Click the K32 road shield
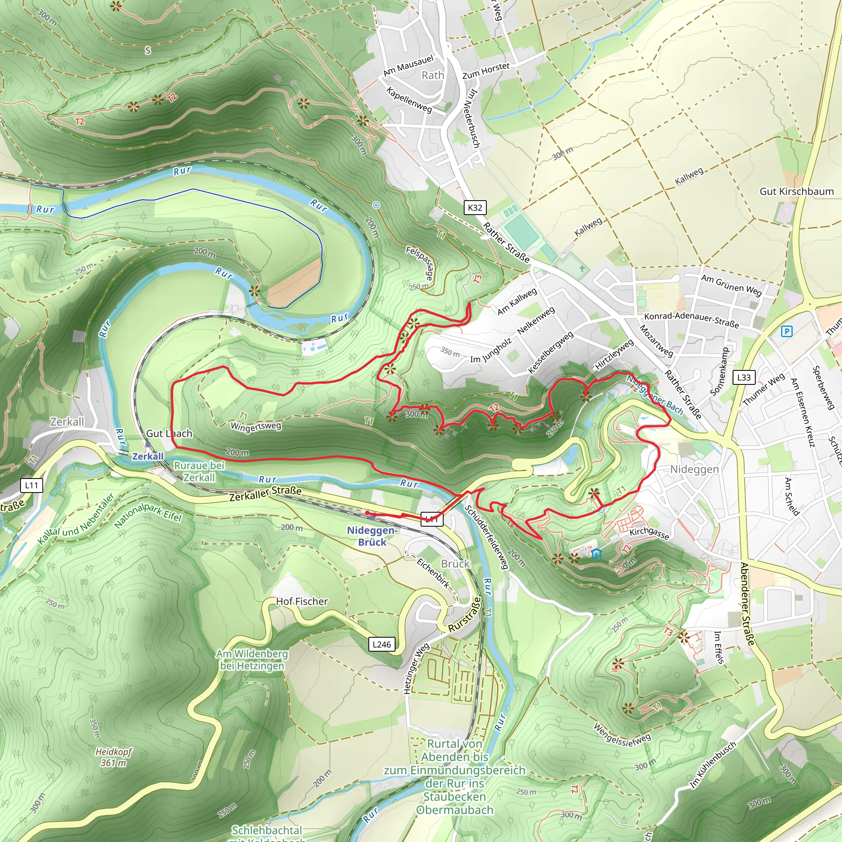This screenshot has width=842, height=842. [474, 208]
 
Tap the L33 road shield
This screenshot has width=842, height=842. [743, 377]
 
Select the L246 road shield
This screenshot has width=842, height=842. [382, 644]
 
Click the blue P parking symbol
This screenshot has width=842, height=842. [786, 332]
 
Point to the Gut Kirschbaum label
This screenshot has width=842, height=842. [796, 191]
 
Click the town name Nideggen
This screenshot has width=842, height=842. [694, 470]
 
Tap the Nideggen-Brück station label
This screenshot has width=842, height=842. [372, 536]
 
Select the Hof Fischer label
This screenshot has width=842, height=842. [302, 601]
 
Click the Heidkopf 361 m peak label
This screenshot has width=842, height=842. [113, 757]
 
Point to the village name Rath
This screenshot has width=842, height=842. [433, 75]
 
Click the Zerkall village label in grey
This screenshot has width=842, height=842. [67, 421]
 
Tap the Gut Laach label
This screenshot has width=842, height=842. [169, 433]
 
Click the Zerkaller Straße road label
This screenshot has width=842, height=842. [266, 493]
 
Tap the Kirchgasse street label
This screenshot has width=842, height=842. [649, 533]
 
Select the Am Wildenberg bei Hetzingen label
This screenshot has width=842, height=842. [252, 659]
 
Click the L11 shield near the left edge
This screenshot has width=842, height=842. [31, 485]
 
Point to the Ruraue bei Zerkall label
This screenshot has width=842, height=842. [199, 471]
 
